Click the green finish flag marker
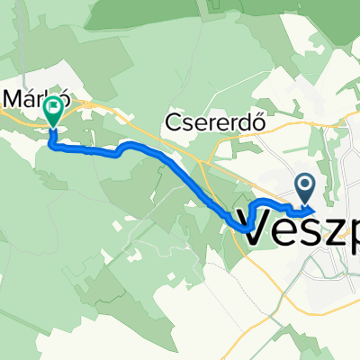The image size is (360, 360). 53,112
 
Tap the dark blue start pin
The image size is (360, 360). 305,187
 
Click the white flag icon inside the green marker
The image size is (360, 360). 53,110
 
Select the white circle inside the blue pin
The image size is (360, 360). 305,184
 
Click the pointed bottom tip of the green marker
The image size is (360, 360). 53,127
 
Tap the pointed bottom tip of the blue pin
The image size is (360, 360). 305,202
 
